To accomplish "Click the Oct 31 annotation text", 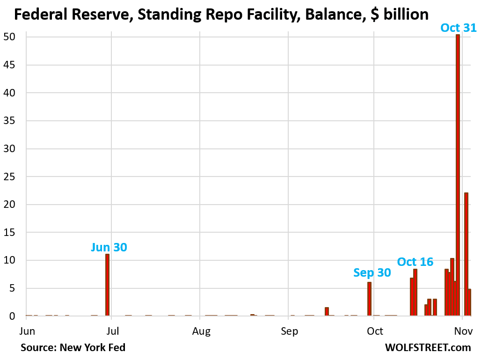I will point(459,28).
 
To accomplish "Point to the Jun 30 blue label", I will point(109,247).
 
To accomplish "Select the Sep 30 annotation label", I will point(372,272).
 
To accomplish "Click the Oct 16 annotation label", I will point(415,262).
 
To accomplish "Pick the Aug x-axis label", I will point(201,331).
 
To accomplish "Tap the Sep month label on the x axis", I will point(289,331).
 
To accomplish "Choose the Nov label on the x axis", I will point(462,331).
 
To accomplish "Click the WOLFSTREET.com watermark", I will point(428,347).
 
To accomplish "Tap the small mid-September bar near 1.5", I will point(327,311).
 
